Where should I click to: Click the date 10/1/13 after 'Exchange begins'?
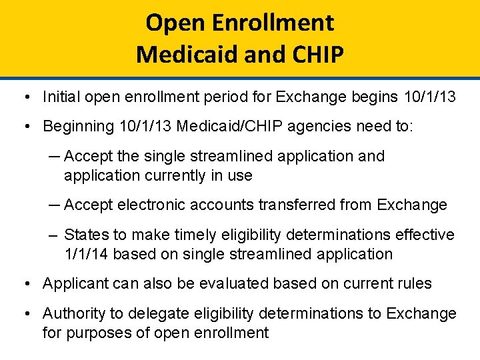coord(430,97)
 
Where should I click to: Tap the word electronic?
coord(147,205)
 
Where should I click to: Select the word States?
coord(84,235)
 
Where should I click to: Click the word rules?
coord(414,283)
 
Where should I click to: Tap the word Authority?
coord(71,313)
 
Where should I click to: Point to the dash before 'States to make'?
coord(53,235)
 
